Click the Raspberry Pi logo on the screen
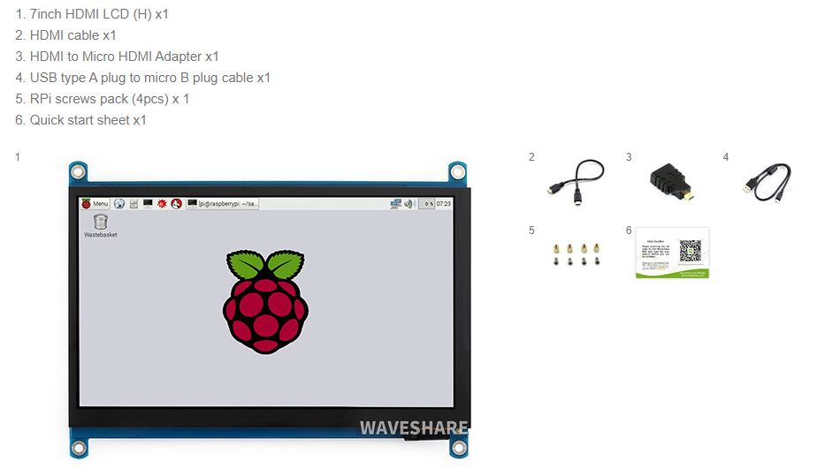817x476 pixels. (265, 301)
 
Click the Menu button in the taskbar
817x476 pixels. (95, 204)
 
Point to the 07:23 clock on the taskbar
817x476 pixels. (444, 204)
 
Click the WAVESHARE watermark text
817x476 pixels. (413, 428)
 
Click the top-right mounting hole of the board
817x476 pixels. (457, 170)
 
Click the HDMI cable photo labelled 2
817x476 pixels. (576, 180)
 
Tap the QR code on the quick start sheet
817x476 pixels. (690, 250)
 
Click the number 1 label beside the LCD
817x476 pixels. (17, 157)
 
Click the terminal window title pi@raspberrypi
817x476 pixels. (228, 204)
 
